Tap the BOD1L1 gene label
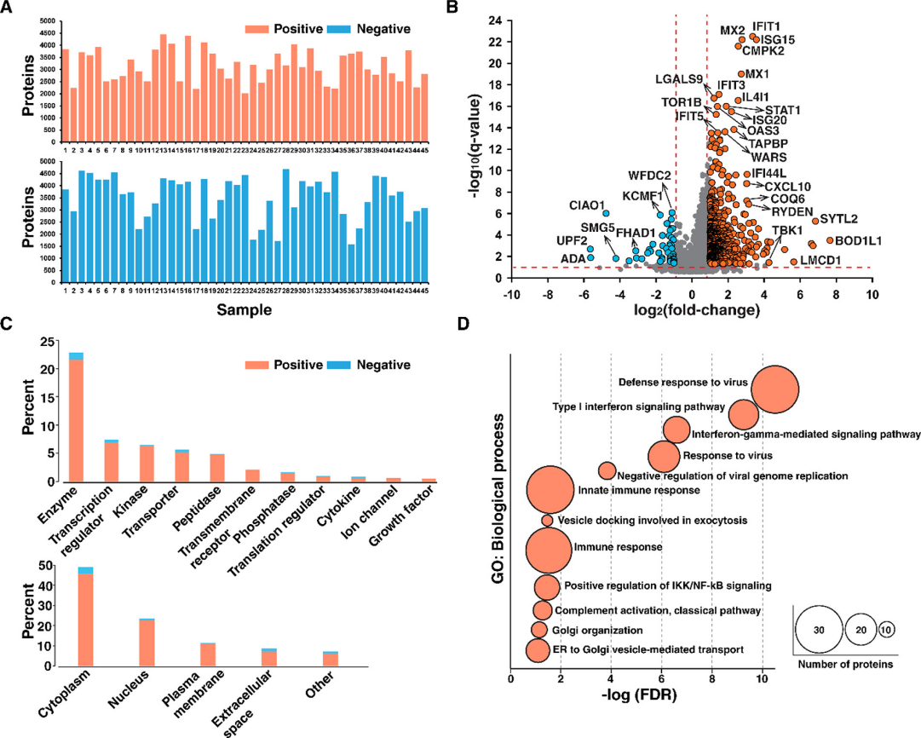pyautogui.click(x=858, y=241)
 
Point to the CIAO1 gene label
pyautogui.click(x=589, y=205)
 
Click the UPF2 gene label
pyautogui.click(x=572, y=241)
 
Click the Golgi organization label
pyautogui.click(x=598, y=631)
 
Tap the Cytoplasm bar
pyautogui.click(x=85, y=618)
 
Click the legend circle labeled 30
pyautogui.click(x=819, y=630)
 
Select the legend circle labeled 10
pyautogui.click(x=887, y=630)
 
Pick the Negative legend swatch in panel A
pyautogui.click(x=337, y=28)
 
